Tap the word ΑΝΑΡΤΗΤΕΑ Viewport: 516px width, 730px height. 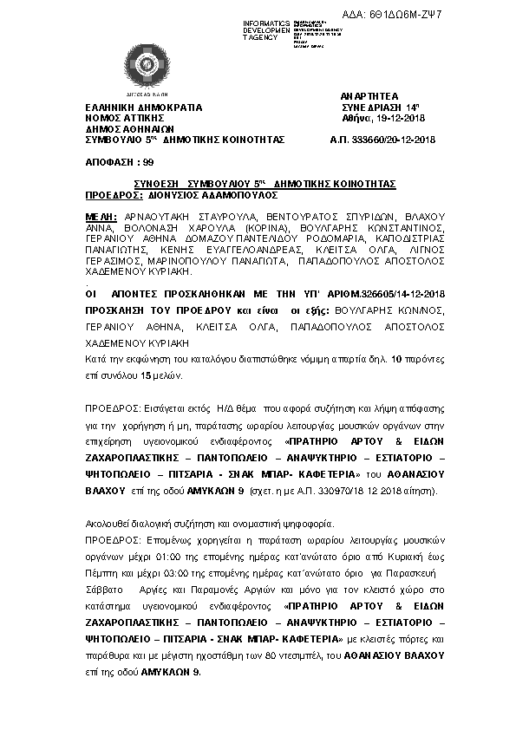click(370, 97)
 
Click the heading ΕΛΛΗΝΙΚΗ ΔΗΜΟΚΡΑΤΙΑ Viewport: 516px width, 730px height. click(143, 108)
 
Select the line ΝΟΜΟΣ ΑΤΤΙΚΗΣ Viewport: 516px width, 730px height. click(125, 118)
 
